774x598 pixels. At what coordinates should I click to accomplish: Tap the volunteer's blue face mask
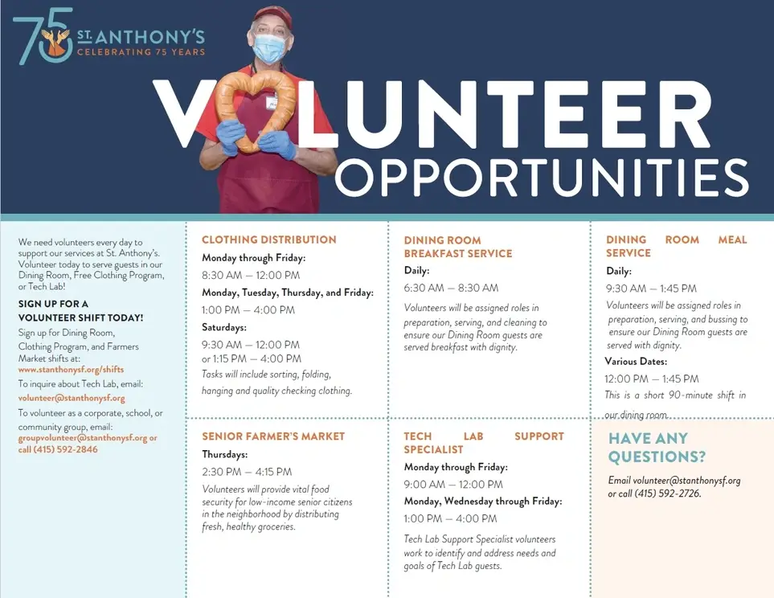[269, 48]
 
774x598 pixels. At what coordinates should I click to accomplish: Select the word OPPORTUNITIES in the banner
[541, 177]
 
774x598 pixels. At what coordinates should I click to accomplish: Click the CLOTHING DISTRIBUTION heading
[269, 240]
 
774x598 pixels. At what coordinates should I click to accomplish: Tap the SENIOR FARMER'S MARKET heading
[273, 436]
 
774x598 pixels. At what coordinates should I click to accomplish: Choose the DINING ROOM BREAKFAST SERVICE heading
[457, 247]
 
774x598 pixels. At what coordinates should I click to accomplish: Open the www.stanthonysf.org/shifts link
[71, 370]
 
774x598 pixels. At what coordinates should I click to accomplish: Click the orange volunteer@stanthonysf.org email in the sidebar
[72, 398]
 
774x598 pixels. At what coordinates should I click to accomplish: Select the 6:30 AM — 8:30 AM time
[451, 288]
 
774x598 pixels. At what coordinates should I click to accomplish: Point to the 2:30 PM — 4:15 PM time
[247, 472]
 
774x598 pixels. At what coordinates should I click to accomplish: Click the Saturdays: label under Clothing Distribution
[224, 327]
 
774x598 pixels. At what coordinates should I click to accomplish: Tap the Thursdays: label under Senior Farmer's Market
[225, 454]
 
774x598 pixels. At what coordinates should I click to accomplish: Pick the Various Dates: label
[636, 362]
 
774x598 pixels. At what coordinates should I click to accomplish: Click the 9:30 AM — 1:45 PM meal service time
[651, 289]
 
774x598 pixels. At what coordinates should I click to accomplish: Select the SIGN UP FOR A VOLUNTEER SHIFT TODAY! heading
[80, 311]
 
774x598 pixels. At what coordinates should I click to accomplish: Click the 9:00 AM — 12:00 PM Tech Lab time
[453, 485]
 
